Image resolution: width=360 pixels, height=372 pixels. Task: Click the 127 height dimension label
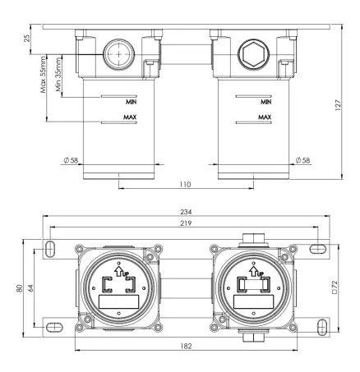(338, 105)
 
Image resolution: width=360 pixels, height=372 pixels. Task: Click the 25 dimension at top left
(27, 39)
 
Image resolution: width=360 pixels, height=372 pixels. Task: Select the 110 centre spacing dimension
(185, 185)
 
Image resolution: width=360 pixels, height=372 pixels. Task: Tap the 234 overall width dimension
(186, 212)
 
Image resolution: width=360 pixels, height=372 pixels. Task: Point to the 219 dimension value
(186, 223)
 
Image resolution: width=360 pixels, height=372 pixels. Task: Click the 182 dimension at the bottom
(186, 347)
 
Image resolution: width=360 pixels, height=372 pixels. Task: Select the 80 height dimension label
(20, 288)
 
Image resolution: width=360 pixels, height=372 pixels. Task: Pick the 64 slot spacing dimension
(30, 288)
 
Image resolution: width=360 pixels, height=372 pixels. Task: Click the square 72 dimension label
(335, 287)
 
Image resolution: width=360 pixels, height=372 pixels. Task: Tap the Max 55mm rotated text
(43, 75)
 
